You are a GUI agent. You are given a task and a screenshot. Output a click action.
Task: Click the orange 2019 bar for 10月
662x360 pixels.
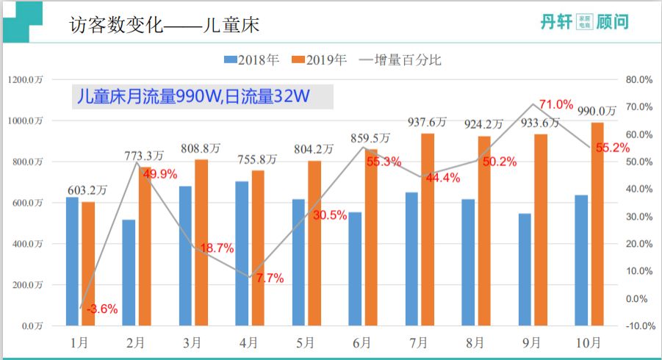(x=597, y=224)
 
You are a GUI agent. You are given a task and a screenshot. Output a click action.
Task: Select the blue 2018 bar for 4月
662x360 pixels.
(x=242, y=253)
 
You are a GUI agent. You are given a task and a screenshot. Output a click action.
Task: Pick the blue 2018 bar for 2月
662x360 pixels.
(x=129, y=272)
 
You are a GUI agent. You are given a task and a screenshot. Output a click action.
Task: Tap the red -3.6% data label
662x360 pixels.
(x=101, y=309)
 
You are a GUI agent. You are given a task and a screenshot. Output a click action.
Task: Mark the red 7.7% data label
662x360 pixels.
(x=269, y=278)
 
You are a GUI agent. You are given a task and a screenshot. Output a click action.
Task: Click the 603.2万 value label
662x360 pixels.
(x=87, y=190)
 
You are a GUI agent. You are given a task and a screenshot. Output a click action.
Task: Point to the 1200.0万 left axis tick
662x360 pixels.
(x=26, y=79)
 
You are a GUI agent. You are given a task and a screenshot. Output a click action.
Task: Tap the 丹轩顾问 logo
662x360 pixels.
(x=583, y=22)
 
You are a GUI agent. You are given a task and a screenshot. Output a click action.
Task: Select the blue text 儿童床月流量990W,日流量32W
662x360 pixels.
(x=191, y=97)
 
